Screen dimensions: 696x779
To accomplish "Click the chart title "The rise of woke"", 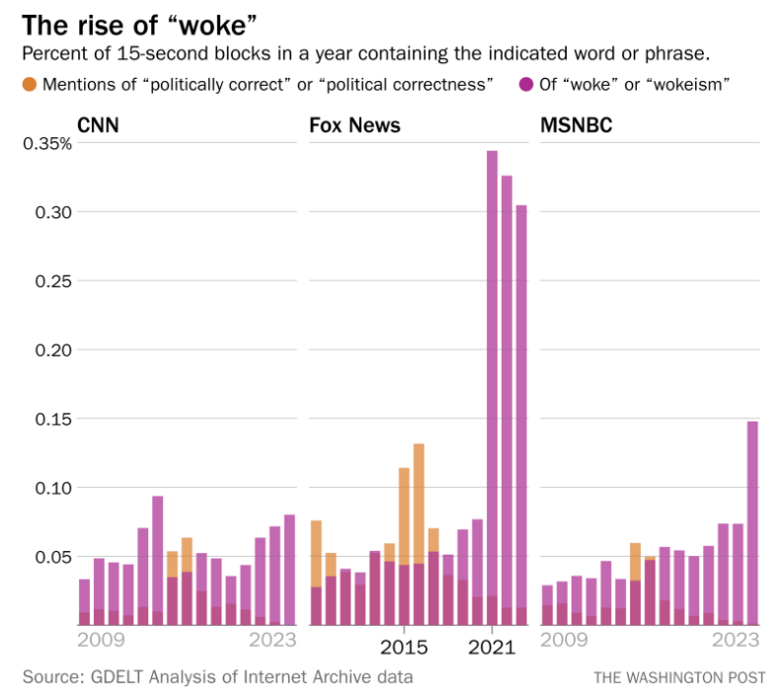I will [140, 24].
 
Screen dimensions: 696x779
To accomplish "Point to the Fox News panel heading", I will [354, 125].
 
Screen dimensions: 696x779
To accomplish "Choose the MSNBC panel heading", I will [577, 125].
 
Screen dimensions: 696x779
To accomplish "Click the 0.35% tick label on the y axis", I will [46, 143].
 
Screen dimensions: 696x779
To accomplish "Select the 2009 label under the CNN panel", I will [102, 640].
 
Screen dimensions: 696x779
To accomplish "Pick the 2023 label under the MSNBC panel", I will [736, 640].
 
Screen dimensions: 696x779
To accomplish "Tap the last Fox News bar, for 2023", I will [521, 415].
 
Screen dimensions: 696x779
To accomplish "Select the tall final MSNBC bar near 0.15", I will [752, 523].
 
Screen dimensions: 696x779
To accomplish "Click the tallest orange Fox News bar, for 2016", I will [419, 503].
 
